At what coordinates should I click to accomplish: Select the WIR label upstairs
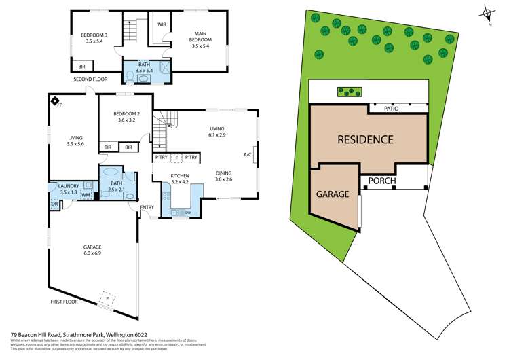pyautogui.click(x=162, y=24)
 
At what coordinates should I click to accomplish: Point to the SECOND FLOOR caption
pyautogui.click(x=92, y=79)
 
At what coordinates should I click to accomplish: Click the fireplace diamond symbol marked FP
pyautogui.click(x=54, y=101)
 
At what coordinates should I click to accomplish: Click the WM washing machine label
pyautogui.click(x=86, y=196)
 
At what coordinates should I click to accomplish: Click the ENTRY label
pyautogui.click(x=147, y=207)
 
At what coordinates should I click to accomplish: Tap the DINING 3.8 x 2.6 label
pyautogui.click(x=224, y=175)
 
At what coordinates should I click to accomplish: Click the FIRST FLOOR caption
pyautogui.click(x=67, y=301)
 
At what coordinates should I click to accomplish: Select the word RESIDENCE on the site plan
pyautogui.click(x=365, y=140)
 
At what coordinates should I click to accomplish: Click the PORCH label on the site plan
pyautogui.click(x=382, y=181)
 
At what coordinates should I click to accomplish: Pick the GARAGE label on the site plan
pyautogui.click(x=333, y=194)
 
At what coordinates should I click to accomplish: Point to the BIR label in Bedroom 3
pyautogui.click(x=82, y=67)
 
